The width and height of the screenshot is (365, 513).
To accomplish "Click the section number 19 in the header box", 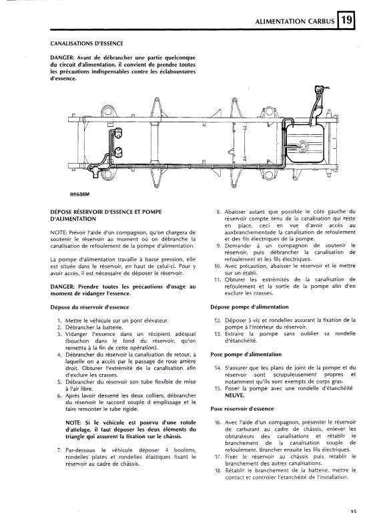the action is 346,21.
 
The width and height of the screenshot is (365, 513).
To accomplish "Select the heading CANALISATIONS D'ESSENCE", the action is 87,43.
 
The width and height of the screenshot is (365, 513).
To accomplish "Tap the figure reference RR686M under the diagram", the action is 79,194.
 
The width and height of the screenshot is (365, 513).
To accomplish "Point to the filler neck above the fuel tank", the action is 316,105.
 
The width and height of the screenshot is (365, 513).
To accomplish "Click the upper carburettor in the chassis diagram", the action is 118,133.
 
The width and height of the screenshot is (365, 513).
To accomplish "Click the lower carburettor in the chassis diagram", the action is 118,152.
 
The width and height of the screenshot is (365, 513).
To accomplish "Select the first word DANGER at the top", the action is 63,57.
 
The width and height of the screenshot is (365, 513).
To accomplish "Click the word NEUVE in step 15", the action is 234,395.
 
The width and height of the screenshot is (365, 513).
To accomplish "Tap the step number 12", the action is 218,321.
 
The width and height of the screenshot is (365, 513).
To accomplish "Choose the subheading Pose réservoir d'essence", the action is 242,409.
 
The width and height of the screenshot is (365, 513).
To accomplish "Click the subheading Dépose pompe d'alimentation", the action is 250,307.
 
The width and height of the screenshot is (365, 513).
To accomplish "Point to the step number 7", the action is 59,450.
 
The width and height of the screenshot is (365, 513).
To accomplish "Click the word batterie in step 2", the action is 111,327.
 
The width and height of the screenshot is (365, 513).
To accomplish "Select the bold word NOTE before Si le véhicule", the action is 73,422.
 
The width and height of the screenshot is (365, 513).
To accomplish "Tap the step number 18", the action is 218,470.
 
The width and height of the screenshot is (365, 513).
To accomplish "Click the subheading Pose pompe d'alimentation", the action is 246,354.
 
